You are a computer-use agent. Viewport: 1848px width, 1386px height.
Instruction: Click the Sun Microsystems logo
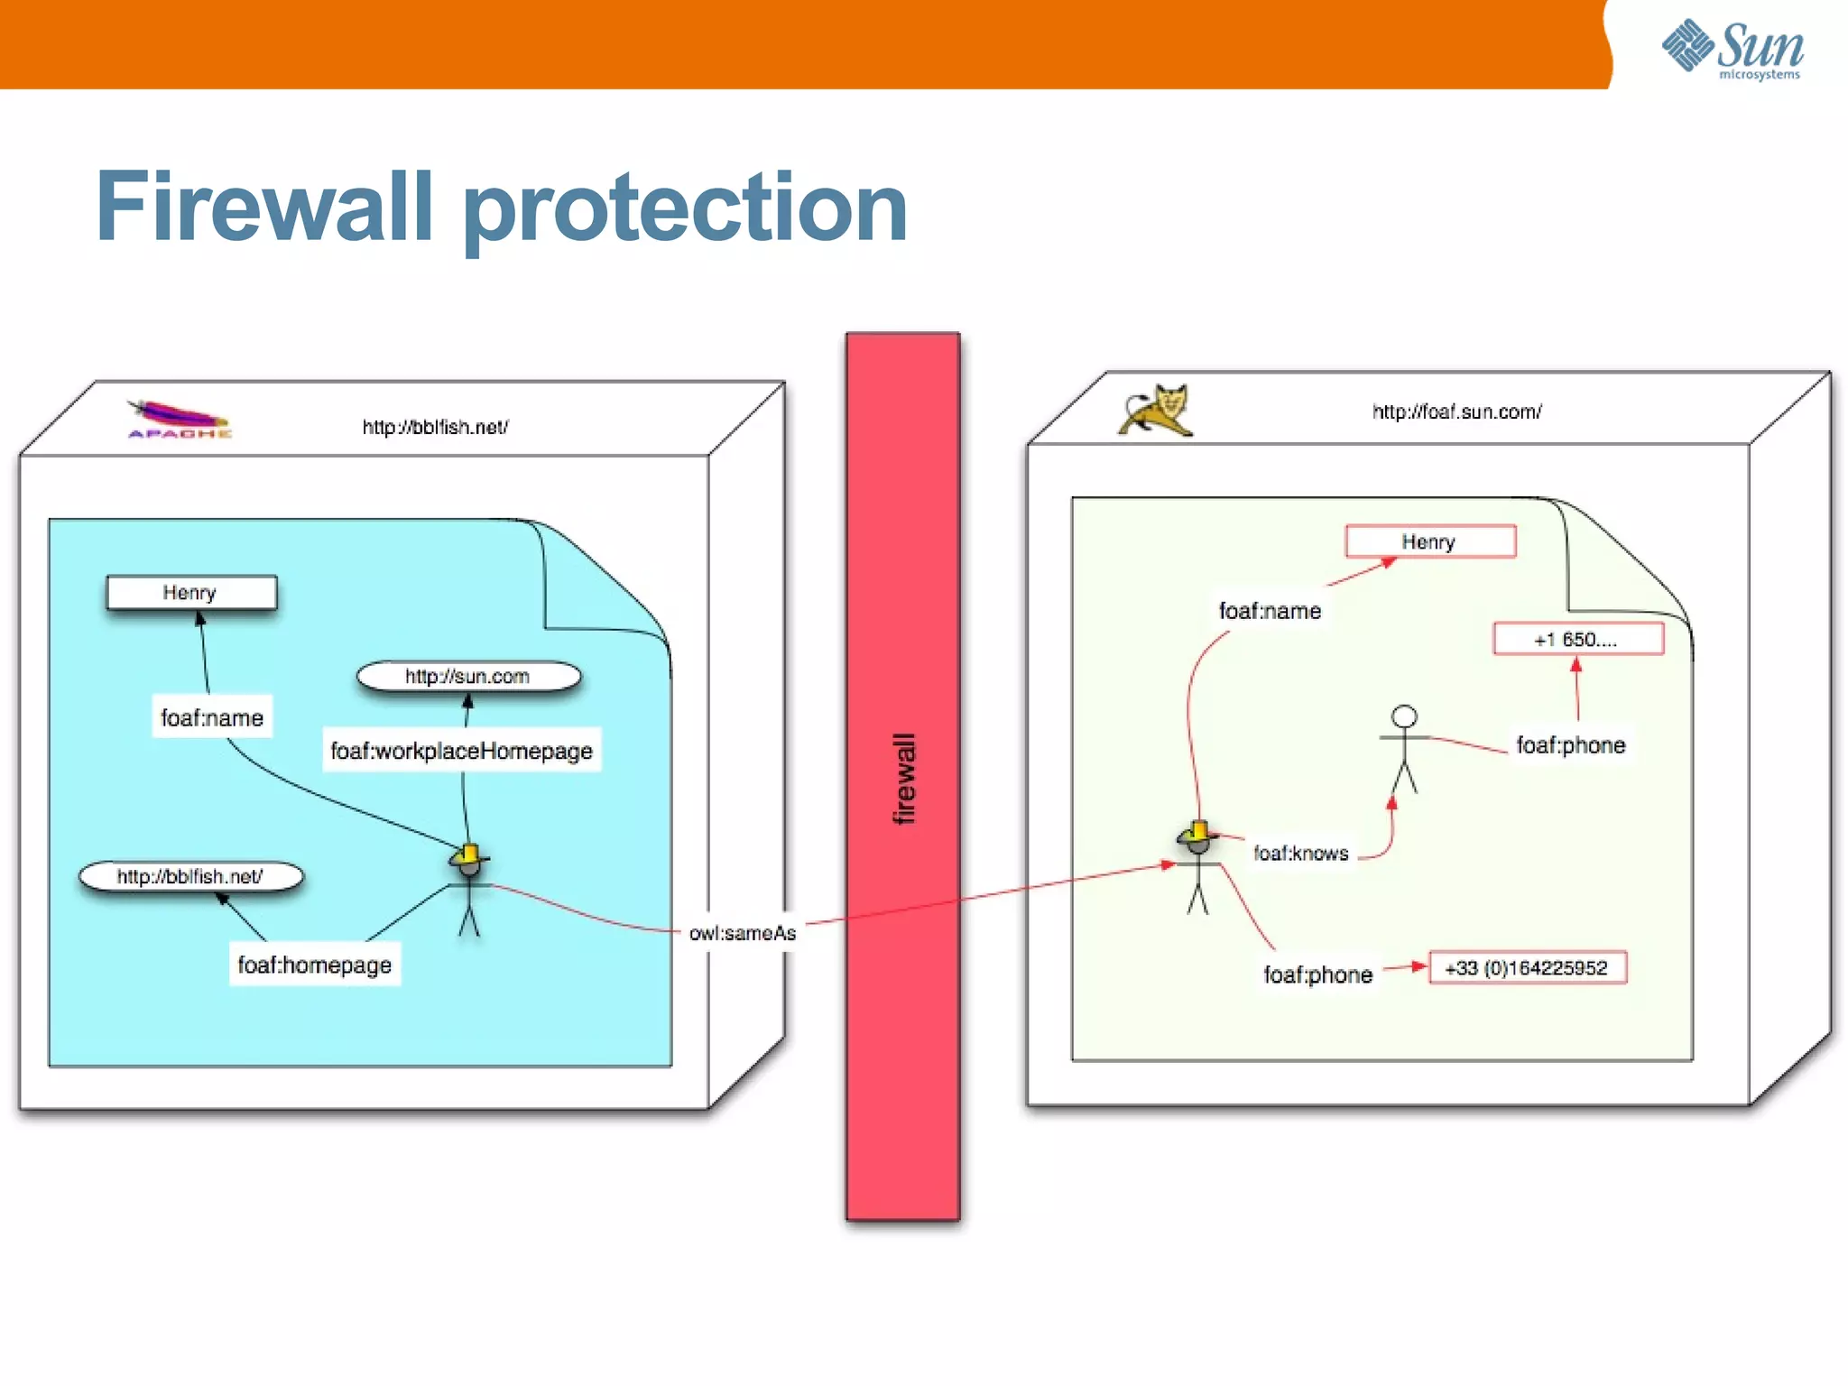click(1732, 49)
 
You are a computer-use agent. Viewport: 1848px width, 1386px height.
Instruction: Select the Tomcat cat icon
click(1157, 411)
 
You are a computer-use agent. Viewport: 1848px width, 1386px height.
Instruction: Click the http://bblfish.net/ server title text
click(435, 427)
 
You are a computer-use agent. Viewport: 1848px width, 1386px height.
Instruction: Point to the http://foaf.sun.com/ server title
click(1456, 412)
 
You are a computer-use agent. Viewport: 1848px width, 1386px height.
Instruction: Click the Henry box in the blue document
click(191, 593)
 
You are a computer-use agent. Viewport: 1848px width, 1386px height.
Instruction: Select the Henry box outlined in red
click(1429, 541)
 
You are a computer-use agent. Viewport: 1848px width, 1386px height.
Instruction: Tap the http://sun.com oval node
click(467, 677)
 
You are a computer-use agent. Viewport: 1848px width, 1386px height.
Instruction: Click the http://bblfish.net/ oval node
click(190, 876)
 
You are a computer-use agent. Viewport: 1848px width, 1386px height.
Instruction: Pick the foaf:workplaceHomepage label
click(461, 751)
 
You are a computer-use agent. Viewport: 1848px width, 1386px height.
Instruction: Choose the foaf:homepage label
click(314, 965)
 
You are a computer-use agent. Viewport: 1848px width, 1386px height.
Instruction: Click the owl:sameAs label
click(742, 933)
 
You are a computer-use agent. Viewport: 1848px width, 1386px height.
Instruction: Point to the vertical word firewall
click(903, 778)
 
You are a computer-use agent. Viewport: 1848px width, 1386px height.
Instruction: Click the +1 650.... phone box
click(1577, 640)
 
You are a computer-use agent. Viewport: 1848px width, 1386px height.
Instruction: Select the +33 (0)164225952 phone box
click(1527, 968)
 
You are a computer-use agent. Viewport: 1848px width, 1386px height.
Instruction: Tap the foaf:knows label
click(1300, 854)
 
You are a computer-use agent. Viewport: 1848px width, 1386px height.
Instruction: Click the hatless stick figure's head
click(1404, 717)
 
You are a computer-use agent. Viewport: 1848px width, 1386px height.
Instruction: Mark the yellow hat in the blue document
click(468, 854)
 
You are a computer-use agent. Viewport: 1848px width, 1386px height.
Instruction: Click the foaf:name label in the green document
click(1270, 611)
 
